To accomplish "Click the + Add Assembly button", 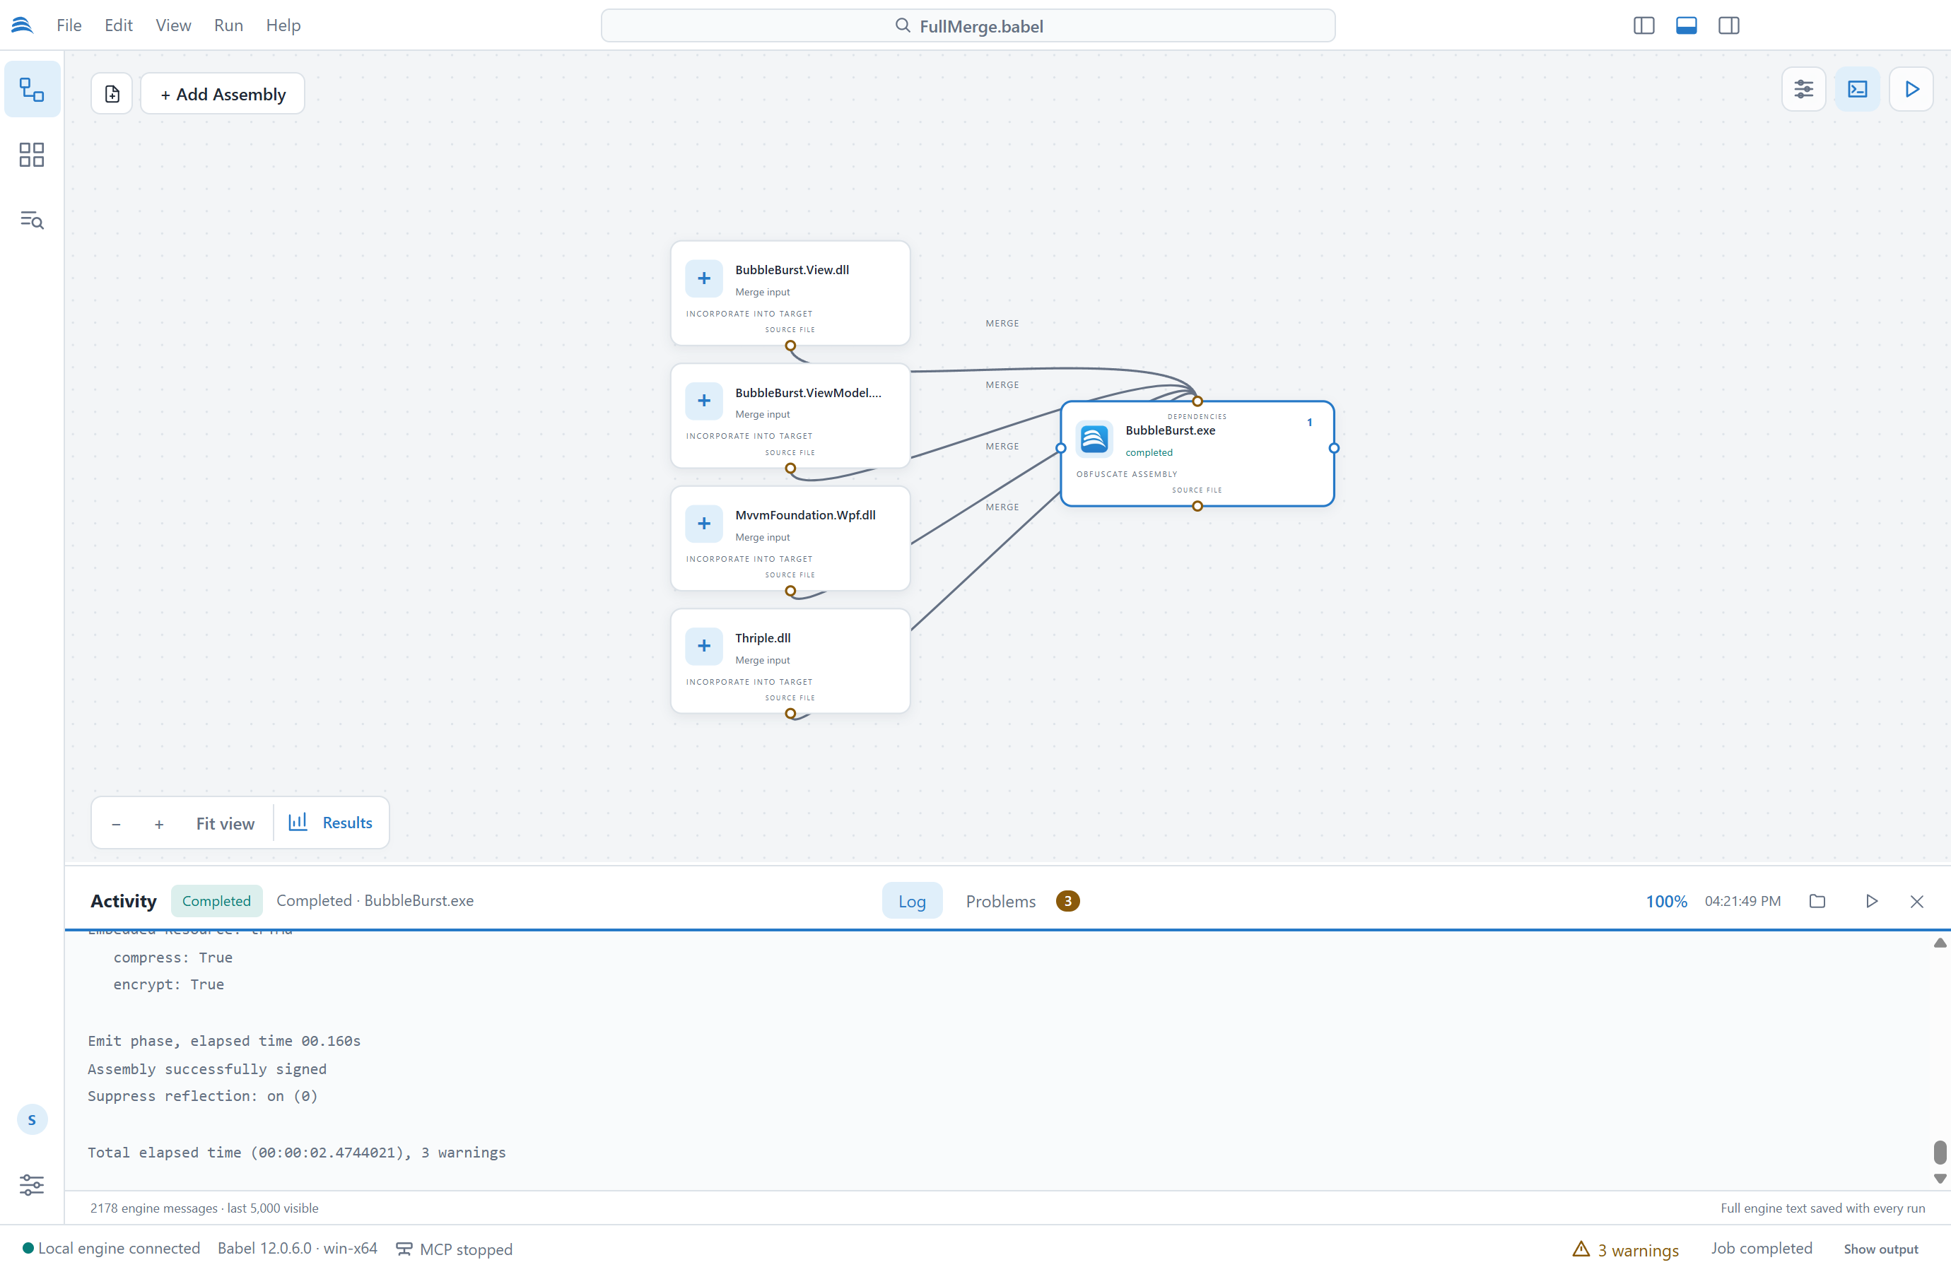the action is click(x=222, y=94).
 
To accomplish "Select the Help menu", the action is click(x=283, y=25).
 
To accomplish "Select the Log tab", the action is click(x=912, y=901).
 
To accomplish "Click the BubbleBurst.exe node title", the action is click(x=1170, y=430).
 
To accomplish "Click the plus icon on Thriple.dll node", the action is click(x=703, y=646).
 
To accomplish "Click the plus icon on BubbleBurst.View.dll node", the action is click(x=703, y=278).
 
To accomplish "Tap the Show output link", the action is click(x=1880, y=1249).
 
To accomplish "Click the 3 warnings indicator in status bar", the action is click(x=1626, y=1249).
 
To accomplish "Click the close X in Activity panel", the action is click(x=1916, y=902).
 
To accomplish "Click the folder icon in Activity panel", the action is click(x=1817, y=901).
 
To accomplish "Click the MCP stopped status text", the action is click(x=466, y=1249).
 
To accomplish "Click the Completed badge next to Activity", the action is click(x=216, y=901).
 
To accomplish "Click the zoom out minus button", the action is click(x=117, y=824).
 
